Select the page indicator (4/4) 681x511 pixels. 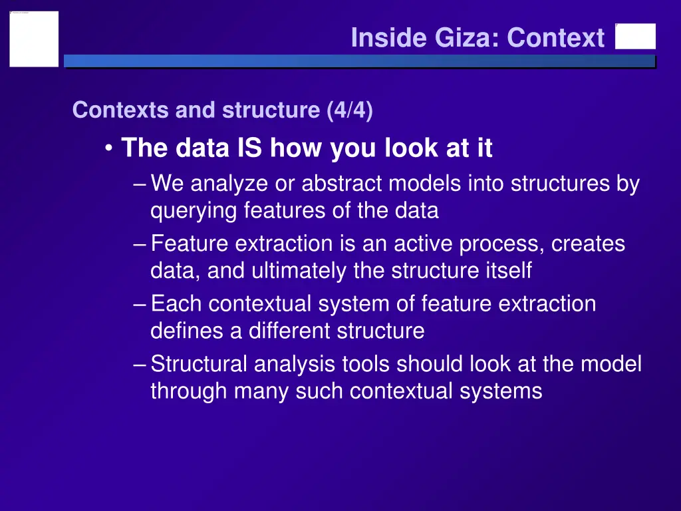tap(350, 110)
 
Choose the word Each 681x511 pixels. tap(176, 303)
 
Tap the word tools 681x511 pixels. tap(365, 364)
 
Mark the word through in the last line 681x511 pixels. tap(189, 391)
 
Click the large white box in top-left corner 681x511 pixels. tap(34, 39)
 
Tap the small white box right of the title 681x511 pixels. tap(635, 37)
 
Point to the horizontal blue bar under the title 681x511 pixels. tap(359, 61)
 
